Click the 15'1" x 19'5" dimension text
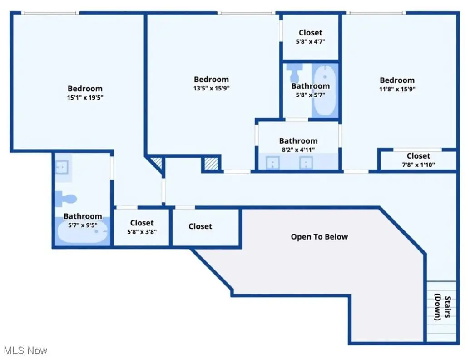click(x=85, y=97)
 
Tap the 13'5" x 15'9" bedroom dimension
click(x=212, y=88)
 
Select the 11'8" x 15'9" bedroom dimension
click(x=397, y=89)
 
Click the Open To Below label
click(x=319, y=237)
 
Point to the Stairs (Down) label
click(x=443, y=307)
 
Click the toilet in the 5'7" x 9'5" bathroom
click(x=66, y=199)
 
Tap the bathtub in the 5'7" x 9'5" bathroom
click(x=82, y=232)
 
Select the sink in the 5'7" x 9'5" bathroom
click(x=62, y=167)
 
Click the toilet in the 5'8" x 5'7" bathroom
click(x=294, y=74)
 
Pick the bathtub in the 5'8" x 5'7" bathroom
click(x=325, y=90)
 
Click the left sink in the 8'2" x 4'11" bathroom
click(x=272, y=163)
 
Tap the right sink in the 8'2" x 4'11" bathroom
click(x=306, y=163)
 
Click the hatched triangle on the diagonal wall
click(x=157, y=162)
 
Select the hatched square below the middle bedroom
click(x=211, y=164)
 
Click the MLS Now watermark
click(x=25, y=350)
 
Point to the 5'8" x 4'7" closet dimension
click(x=311, y=41)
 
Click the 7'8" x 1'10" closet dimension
click(x=418, y=165)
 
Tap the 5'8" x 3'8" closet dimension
click(x=142, y=232)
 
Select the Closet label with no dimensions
click(x=200, y=226)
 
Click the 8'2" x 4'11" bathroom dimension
click(x=298, y=150)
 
